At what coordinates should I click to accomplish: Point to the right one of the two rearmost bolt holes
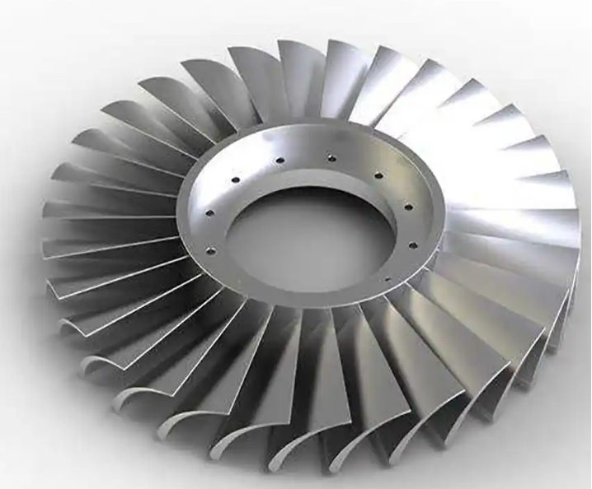[x=330, y=153]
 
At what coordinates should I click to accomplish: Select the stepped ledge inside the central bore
[x=247, y=272]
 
